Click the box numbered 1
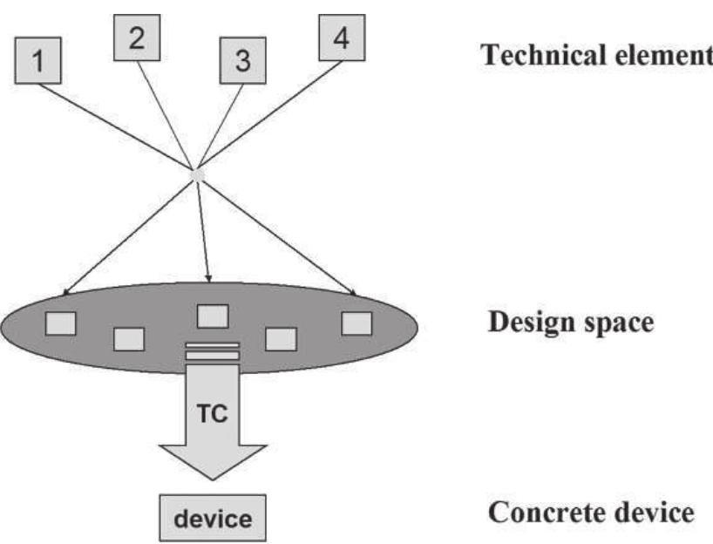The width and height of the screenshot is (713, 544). pyautogui.click(x=37, y=61)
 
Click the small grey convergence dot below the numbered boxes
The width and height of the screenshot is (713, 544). pyautogui.click(x=198, y=174)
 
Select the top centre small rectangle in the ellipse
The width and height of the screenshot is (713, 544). pyautogui.click(x=213, y=315)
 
